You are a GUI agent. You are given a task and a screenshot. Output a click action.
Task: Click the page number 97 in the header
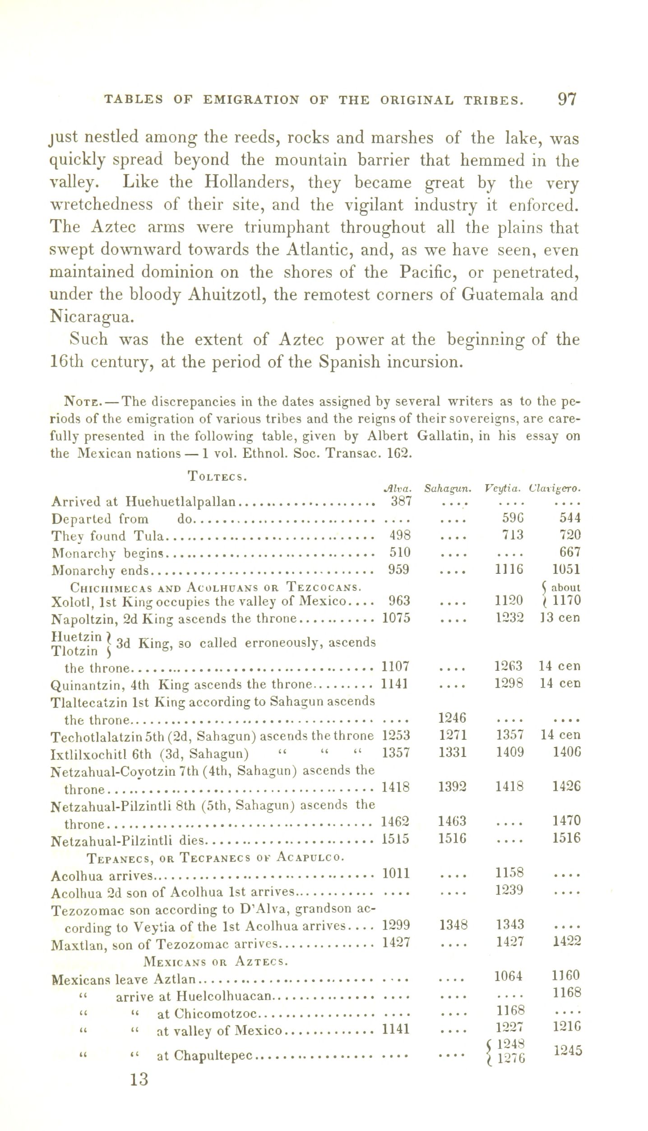point(567,99)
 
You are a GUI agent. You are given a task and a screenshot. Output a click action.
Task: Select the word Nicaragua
point(92,317)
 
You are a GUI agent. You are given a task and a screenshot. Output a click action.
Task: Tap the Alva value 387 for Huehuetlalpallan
point(400,501)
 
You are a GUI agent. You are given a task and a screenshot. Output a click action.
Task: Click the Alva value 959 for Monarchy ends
point(399,569)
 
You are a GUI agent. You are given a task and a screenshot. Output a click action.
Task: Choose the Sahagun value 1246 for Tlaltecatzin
point(453,718)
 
